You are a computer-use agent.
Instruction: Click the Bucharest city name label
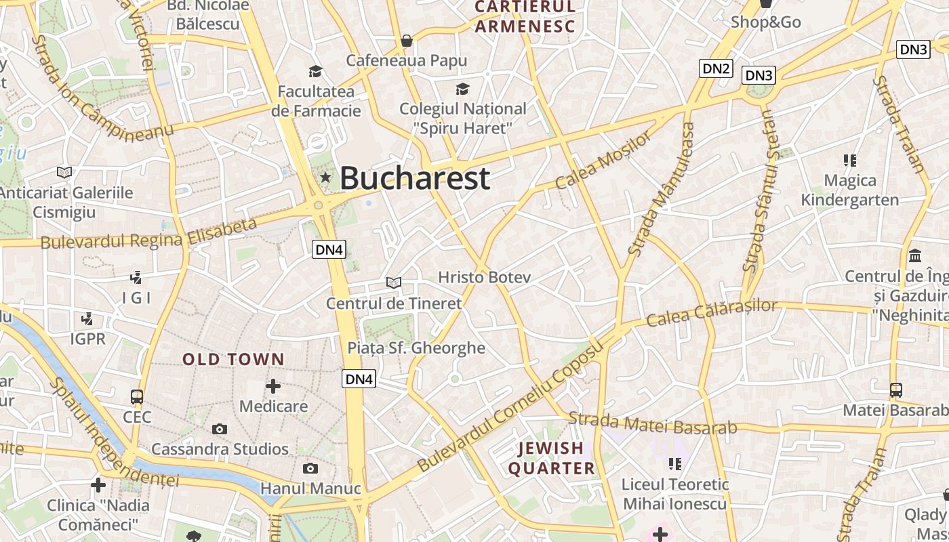(414, 178)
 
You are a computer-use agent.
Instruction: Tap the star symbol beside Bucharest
(326, 178)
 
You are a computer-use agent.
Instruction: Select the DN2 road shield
(716, 68)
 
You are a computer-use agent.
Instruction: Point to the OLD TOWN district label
(233, 359)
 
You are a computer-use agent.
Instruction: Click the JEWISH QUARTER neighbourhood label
(551, 458)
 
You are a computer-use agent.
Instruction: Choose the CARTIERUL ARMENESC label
(525, 17)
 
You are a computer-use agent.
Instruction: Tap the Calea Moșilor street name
(603, 161)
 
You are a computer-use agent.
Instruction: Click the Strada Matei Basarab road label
(652, 423)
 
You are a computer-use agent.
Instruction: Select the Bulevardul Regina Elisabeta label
(149, 234)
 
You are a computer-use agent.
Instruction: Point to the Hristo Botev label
(484, 277)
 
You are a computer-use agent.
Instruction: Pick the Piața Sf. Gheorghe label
(416, 348)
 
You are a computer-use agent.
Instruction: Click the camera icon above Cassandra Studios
(219, 429)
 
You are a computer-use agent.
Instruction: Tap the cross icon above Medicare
(273, 386)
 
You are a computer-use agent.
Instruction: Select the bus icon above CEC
(137, 397)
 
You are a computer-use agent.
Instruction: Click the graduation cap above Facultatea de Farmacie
(315, 71)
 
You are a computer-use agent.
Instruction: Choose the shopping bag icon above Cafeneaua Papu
(407, 41)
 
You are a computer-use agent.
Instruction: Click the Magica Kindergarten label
(850, 190)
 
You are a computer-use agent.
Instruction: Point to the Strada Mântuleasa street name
(661, 190)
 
